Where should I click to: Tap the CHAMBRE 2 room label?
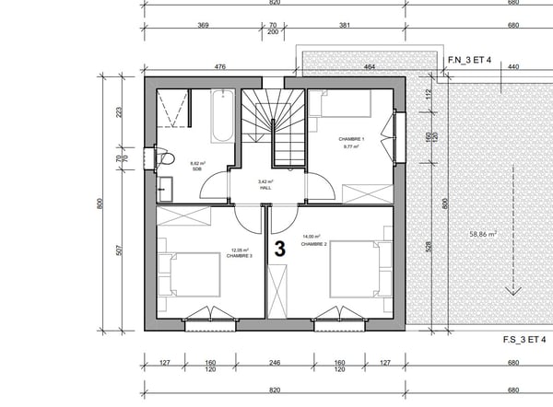point(314,244)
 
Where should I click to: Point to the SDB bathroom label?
point(196,169)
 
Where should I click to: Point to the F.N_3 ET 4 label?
point(469,60)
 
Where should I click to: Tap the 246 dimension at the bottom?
point(274,363)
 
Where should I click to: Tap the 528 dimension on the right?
point(428,246)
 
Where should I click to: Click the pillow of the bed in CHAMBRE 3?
point(167,275)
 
